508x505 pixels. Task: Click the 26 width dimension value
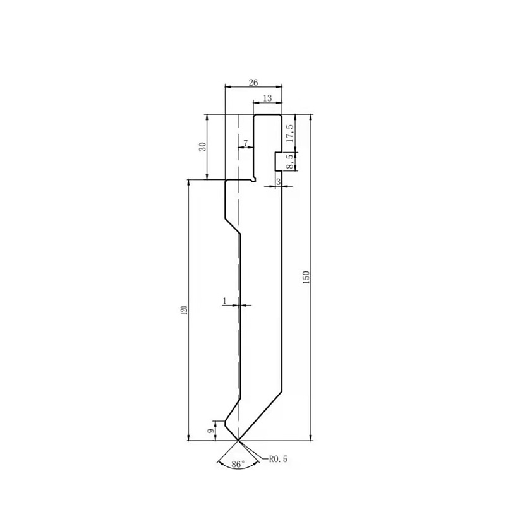(253, 82)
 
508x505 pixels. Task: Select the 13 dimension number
(267, 98)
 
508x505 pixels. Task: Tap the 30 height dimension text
(202, 147)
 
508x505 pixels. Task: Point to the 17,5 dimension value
(290, 135)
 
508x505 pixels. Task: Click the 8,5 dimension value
(290, 162)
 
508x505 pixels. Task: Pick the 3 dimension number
(278, 182)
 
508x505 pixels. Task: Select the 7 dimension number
(245, 143)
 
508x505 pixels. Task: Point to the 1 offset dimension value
(224, 301)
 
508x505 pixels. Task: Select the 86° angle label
(238, 464)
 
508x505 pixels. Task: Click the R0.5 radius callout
(278, 460)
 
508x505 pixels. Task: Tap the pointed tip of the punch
(238, 440)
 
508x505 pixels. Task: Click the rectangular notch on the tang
(278, 161)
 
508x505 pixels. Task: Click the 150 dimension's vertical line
(311, 347)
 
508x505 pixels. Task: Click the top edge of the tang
(268, 115)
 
